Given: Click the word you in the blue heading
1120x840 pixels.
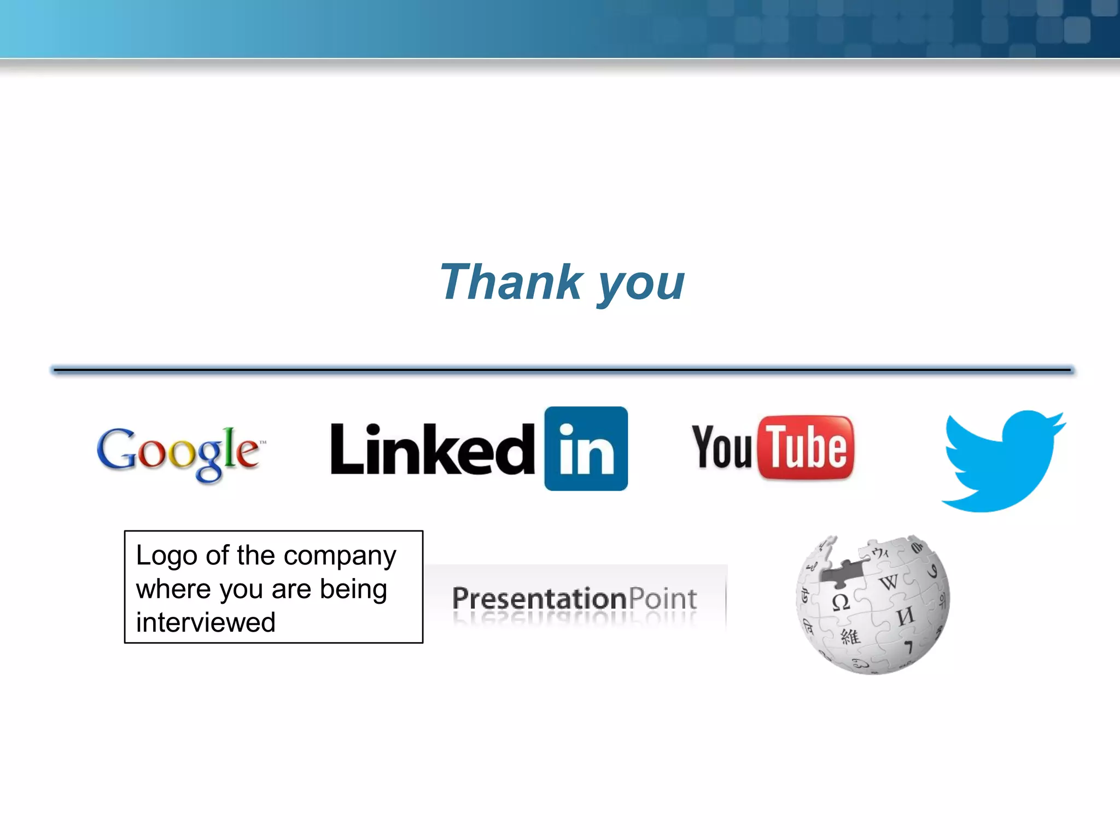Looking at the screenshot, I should (x=641, y=284).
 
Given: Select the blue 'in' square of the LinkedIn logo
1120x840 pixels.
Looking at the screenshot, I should (x=586, y=448).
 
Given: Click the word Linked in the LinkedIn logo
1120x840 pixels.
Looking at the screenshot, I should (x=432, y=450).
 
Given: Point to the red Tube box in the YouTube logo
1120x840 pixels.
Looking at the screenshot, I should (x=806, y=447).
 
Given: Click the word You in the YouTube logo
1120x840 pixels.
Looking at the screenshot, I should (x=722, y=447).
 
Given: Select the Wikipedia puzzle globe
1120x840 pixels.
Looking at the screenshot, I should (x=873, y=604).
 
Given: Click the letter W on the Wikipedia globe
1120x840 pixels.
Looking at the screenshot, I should (x=889, y=582).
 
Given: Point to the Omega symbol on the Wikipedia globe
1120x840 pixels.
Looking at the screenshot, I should (x=840, y=602).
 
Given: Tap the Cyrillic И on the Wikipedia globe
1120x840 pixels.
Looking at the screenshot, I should (x=906, y=616).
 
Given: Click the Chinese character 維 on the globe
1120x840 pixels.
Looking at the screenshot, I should (x=850, y=636).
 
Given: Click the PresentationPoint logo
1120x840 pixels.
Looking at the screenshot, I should (x=574, y=598).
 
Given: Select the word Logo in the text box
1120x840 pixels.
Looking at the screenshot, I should (x=166, y=556).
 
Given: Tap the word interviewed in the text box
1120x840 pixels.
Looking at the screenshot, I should (x=206, y=622).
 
